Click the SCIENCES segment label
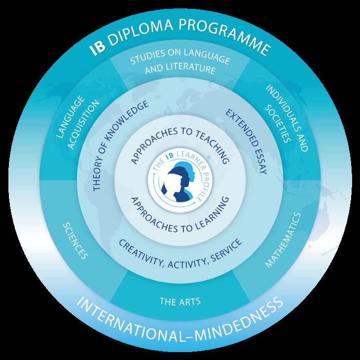[76, 240]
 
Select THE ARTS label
[180, 300]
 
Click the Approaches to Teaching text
[180, 143]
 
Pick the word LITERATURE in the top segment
[194, 70]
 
